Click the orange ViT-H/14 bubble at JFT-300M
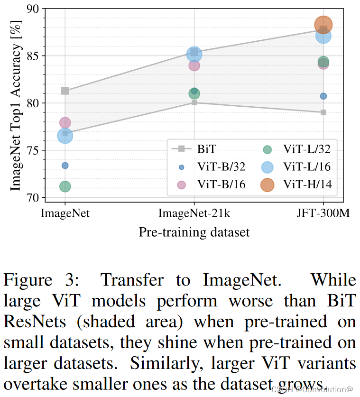click(x=323, y=25)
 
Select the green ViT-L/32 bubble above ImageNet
click(x=65, y=186)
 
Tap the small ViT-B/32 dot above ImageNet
click(x=65, y=166)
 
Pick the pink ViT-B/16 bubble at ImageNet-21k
click(x=194, y=65)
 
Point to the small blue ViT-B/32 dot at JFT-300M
click(x=323, y=96)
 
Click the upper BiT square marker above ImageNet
click(x=65, y=91)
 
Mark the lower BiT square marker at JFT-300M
click(x=323, y=112)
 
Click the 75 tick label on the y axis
click(x=32, y=151)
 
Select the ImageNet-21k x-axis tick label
click(x=194, y=213)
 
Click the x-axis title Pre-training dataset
click(x=194, y=232)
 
